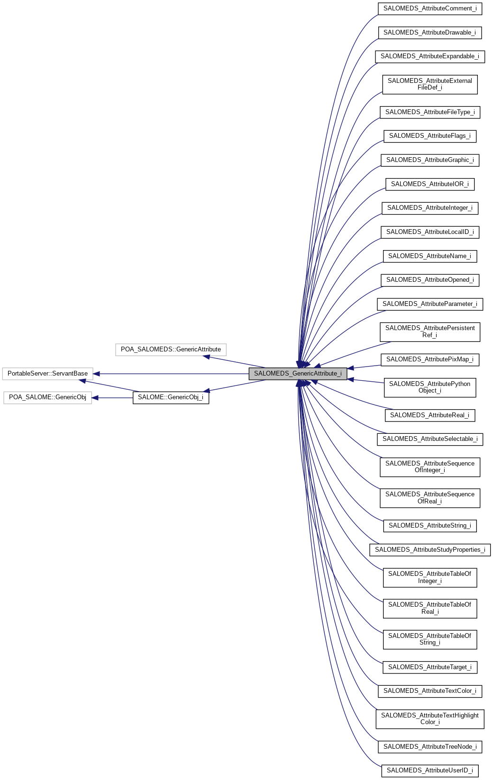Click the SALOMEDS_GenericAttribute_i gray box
(x=298, y=374)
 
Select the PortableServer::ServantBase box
(x=47, y=374)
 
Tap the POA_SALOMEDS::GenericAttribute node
(x=171, y=350)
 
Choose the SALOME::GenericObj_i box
(x=171, y=397)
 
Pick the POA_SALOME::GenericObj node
(x=47, y=397)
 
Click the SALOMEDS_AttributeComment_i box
(x=430, y=9)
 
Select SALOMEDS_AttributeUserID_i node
(x=430, y=771)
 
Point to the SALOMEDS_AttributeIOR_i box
(x=430, y=184)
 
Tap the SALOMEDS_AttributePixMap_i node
(x=430, y=359)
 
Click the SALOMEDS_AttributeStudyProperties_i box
(x=430, y=550)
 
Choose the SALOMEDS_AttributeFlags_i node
(x=430, y=136)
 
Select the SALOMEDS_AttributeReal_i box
(x=430, y=415)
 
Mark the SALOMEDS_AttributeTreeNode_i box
(x=430, y=747)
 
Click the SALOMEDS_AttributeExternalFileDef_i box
(x=430, y=84)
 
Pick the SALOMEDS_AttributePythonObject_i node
(x=430, y=387)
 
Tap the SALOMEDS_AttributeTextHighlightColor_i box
(x=430, y=719)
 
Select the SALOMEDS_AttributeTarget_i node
(x=430, y=667)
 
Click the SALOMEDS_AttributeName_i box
(x=430, y=256)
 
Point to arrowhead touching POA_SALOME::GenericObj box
(x=95, y=398)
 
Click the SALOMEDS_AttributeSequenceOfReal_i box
(x=430, y=498)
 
